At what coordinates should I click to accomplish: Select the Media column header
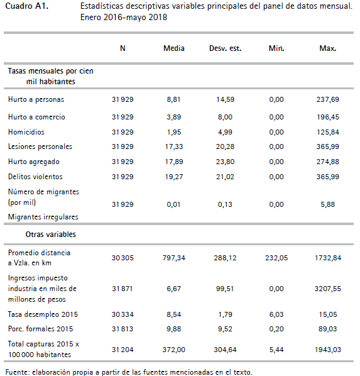pos(173,48)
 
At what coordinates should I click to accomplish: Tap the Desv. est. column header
pos(225,48)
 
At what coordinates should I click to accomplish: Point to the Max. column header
pos(327,48)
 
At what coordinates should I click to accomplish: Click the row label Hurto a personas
pos(36,99)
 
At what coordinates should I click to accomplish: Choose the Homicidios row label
pos(26,132)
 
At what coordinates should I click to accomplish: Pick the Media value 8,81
pos(173,99)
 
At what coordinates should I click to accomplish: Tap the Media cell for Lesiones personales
pos(173,147)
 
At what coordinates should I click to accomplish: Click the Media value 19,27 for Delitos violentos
pos(173,177)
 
